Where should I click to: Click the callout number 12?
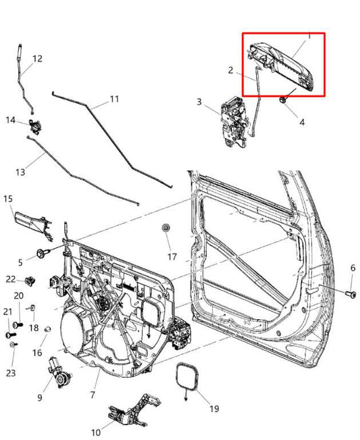pos(37,59)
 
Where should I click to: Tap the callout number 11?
pos(113,99)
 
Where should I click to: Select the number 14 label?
pos(11,120)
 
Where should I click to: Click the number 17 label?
pos(172,257)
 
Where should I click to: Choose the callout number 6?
pos(352,268)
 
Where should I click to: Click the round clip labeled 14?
pos(33,125)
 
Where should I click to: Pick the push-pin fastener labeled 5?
pos(44,253)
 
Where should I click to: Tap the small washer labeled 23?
pos(13,345)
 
